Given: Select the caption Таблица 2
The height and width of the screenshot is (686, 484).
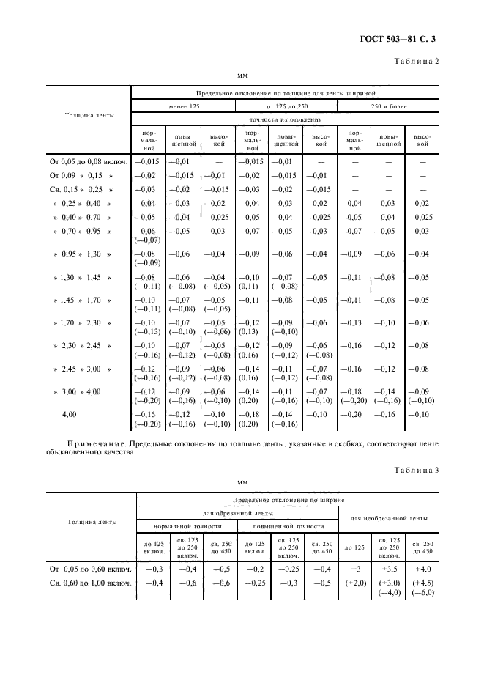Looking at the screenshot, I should pyautogui.click(x=417, y=61).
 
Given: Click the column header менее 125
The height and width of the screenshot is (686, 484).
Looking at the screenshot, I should pyautogui.click(x=183, y=106).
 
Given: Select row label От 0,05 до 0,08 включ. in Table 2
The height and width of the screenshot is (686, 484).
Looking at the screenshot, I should pyautogui.click(x=89, y=161).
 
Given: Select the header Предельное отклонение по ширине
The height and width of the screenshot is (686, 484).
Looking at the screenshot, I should pyautogui.click(x=288, y=498).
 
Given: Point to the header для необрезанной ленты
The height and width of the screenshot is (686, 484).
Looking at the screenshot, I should pyautogui.click(x=388, y=519).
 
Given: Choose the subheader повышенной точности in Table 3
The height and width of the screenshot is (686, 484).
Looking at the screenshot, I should pyautogui.click(x=288, y=526).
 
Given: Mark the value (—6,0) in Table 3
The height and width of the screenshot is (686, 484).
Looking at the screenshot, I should pyautogui.click(x=423, y=593).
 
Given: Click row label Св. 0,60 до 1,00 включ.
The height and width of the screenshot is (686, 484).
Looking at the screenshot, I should pyautogui.click(x=89, y=583).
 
